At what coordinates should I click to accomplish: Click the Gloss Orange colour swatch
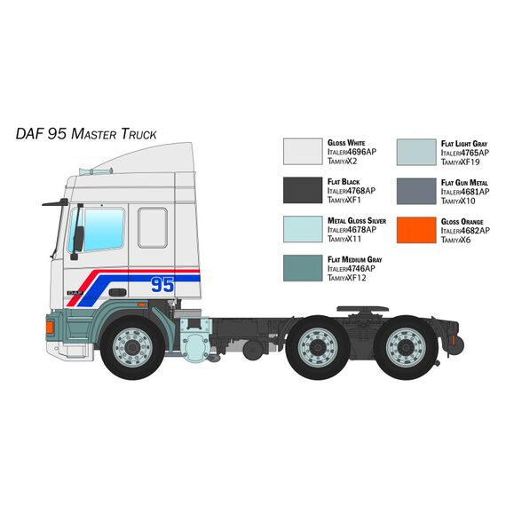pos(416,230)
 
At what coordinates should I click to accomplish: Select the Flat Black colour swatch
pos(303,190)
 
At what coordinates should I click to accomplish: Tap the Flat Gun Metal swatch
pos(416,191)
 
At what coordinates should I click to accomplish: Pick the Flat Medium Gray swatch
pos(303,268)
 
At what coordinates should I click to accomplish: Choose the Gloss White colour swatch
pos(303,151)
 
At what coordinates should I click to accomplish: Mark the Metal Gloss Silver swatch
pos(303,229)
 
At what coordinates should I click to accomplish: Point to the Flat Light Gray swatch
pos(416,153)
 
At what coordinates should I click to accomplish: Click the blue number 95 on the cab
pos(162,285)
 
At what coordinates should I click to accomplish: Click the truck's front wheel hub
pos(132,347)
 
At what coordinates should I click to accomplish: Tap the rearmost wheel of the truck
pos(407,347)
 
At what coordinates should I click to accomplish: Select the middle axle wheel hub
pos(318,347)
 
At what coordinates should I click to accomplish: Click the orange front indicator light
pos(50,328)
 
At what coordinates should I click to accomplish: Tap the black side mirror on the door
pos(78,239)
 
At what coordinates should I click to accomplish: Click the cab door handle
pos(117,292)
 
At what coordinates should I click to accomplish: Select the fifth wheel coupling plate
pos(362,309)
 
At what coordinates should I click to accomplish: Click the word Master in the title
pos(93,133)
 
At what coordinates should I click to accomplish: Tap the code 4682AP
pos(475,231)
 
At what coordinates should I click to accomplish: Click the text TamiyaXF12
pos(347,278)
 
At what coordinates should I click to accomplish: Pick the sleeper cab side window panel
pos(153,228)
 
